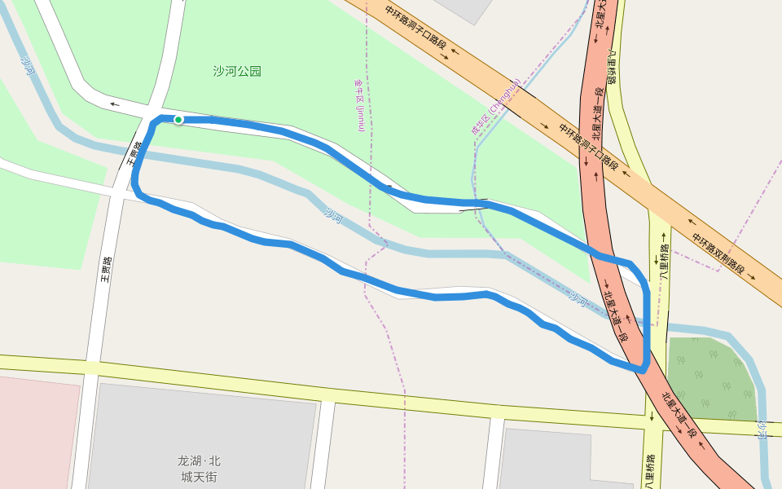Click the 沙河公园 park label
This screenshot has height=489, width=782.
(x=237, y=71)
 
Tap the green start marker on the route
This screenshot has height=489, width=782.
(x=178, y=120)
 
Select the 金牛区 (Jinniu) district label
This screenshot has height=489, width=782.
(x=359, y=105)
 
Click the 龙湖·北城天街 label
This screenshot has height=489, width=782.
(x=200, y=468)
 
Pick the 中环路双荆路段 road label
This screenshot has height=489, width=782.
(x=718, y=253)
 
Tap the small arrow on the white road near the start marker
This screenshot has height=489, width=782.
(x=113, y=104)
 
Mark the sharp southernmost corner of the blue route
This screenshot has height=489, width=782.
(x=643, y=371)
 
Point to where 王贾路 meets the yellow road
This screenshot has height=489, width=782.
(x=90, y=365)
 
